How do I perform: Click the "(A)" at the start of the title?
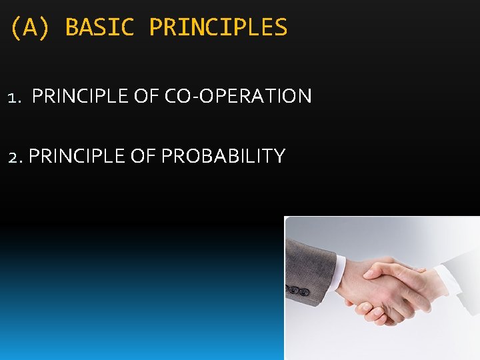tap(30, 27)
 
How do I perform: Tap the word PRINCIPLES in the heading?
tap(218, 27)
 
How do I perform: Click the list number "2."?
tap(15, 157)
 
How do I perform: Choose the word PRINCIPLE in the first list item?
tap(80, 96)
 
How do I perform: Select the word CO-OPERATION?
tap(238, 96)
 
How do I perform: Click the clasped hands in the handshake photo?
tap(383, 290)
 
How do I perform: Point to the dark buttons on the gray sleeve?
tap(297, 291)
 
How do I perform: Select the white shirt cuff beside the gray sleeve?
tap(339, 273)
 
